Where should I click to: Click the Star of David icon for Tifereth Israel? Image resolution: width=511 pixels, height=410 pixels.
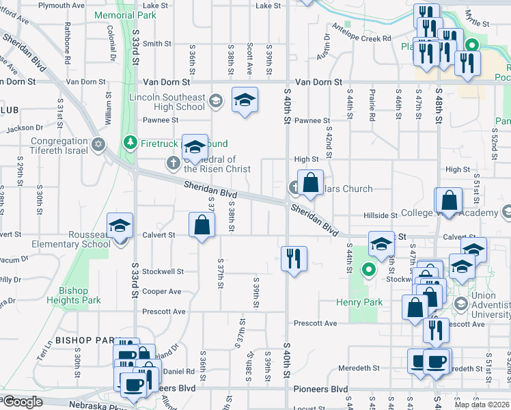tap(99, 144)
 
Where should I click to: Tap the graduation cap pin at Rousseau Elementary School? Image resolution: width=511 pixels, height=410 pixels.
tap(120, 226)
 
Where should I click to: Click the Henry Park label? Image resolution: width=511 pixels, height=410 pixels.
tap(356, 303)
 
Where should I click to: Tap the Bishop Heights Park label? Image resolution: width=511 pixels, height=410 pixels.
tap(74, 295)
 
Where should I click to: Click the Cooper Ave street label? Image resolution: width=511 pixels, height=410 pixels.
tap(162, 292)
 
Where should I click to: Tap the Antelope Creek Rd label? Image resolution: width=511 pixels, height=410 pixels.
tap(362, 39)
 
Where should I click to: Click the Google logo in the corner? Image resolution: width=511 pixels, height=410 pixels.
tap(23, 402)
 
